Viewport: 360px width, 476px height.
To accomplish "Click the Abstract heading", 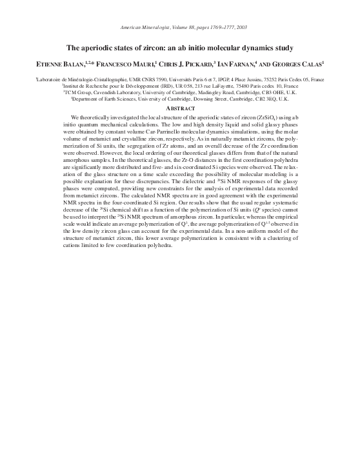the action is (x=180, y=110).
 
